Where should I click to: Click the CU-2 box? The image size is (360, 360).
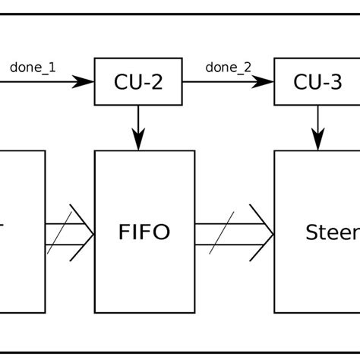tap(138, 83)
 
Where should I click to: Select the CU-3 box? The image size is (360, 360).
tap(317, 83)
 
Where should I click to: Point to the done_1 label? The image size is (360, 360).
tap(33, 66)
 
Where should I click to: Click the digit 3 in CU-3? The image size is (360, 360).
tap(336, 83)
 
